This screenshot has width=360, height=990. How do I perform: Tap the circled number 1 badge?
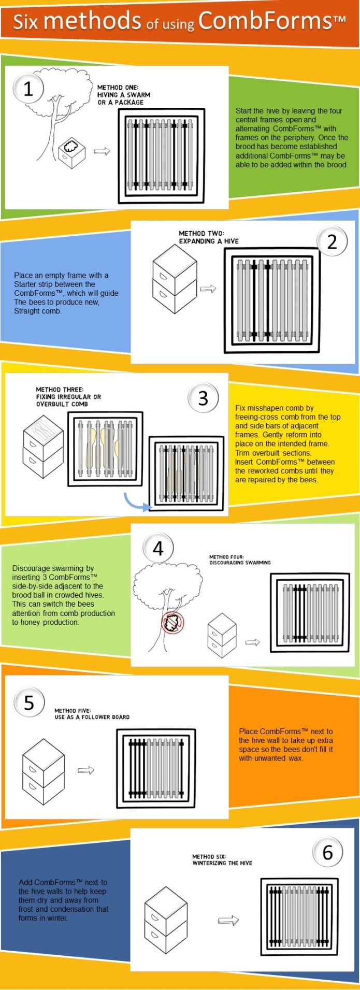[x=28, y=89]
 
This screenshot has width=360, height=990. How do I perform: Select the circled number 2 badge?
[x=332, y=241]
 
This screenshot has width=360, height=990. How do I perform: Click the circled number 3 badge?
[x=203, y=398]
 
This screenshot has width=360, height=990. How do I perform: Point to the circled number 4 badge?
[x=158, y=548]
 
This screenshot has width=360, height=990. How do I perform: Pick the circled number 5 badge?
[x=29, y=702]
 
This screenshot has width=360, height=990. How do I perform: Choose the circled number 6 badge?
[x=327, y=852]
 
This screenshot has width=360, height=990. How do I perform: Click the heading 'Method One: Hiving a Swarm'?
[x=123, y=95]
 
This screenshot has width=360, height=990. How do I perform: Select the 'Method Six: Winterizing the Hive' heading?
[x=222, y=859]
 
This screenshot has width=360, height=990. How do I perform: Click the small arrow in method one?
[x=102, y=151]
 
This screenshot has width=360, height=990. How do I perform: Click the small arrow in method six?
[x=228, y=920]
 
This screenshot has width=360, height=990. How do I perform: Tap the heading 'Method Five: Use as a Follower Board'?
[x=92, y=714]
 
